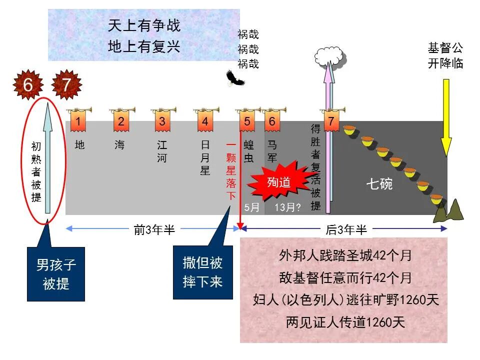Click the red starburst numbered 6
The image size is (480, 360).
coord(28,85)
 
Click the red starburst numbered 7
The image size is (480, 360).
coord(66,85)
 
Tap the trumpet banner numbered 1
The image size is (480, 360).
coord(78,121)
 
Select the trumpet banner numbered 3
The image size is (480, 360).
coord(162,121)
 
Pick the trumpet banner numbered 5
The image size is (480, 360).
coord(247,121)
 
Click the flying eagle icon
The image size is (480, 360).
coord(234,78)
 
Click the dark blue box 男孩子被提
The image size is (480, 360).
coord(56,273)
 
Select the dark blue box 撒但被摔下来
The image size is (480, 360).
coord(202,272)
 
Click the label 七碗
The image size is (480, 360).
coord(379,184)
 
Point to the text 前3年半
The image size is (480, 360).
coord(154,229)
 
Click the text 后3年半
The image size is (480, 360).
coord(346,229)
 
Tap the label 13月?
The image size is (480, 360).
coord(287,207)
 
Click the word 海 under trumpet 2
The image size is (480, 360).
coord(119,145)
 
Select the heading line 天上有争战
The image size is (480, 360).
coord(144,25)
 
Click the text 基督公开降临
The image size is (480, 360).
coord(445,55)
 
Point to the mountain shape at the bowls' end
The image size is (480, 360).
coord(449,212)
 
